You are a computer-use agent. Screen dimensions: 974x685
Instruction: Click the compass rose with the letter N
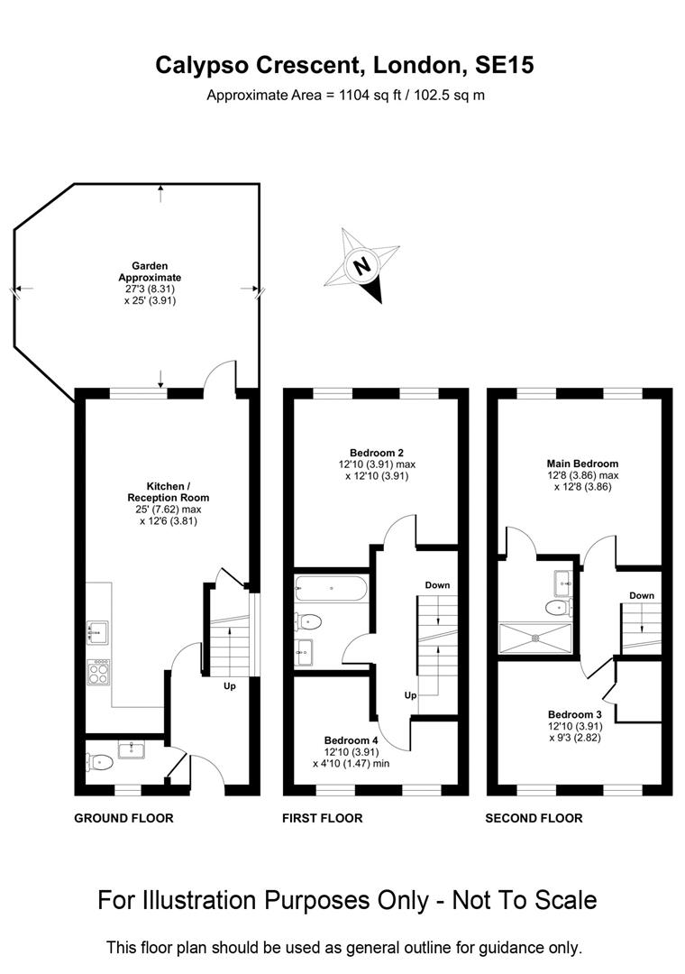(x=363, y=266)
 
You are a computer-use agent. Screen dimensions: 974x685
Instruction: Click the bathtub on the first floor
(x=330, y=590)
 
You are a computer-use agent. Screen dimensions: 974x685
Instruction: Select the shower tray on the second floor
(x=535, y=637)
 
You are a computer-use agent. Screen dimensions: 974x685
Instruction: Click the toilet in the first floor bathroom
(x=308, y=621)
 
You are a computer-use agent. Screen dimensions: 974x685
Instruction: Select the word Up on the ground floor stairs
(x=231, y=686)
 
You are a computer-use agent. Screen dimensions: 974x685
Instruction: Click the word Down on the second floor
(x=642, y=595)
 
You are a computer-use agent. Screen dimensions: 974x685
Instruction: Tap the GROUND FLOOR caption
(x=123, y=818)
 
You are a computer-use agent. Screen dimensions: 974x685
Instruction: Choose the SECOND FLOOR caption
(x=534, y=818)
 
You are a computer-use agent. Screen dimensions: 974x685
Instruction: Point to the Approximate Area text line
(x=346, y=95)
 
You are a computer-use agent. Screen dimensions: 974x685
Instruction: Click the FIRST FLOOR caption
(x=322, y=818)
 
